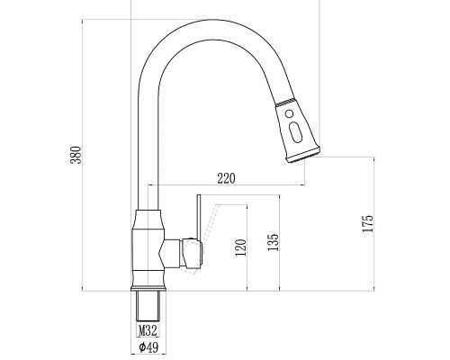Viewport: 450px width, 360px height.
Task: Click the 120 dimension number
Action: (x=239, y=248)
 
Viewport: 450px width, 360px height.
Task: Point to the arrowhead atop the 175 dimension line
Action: (x=373, y=158)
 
